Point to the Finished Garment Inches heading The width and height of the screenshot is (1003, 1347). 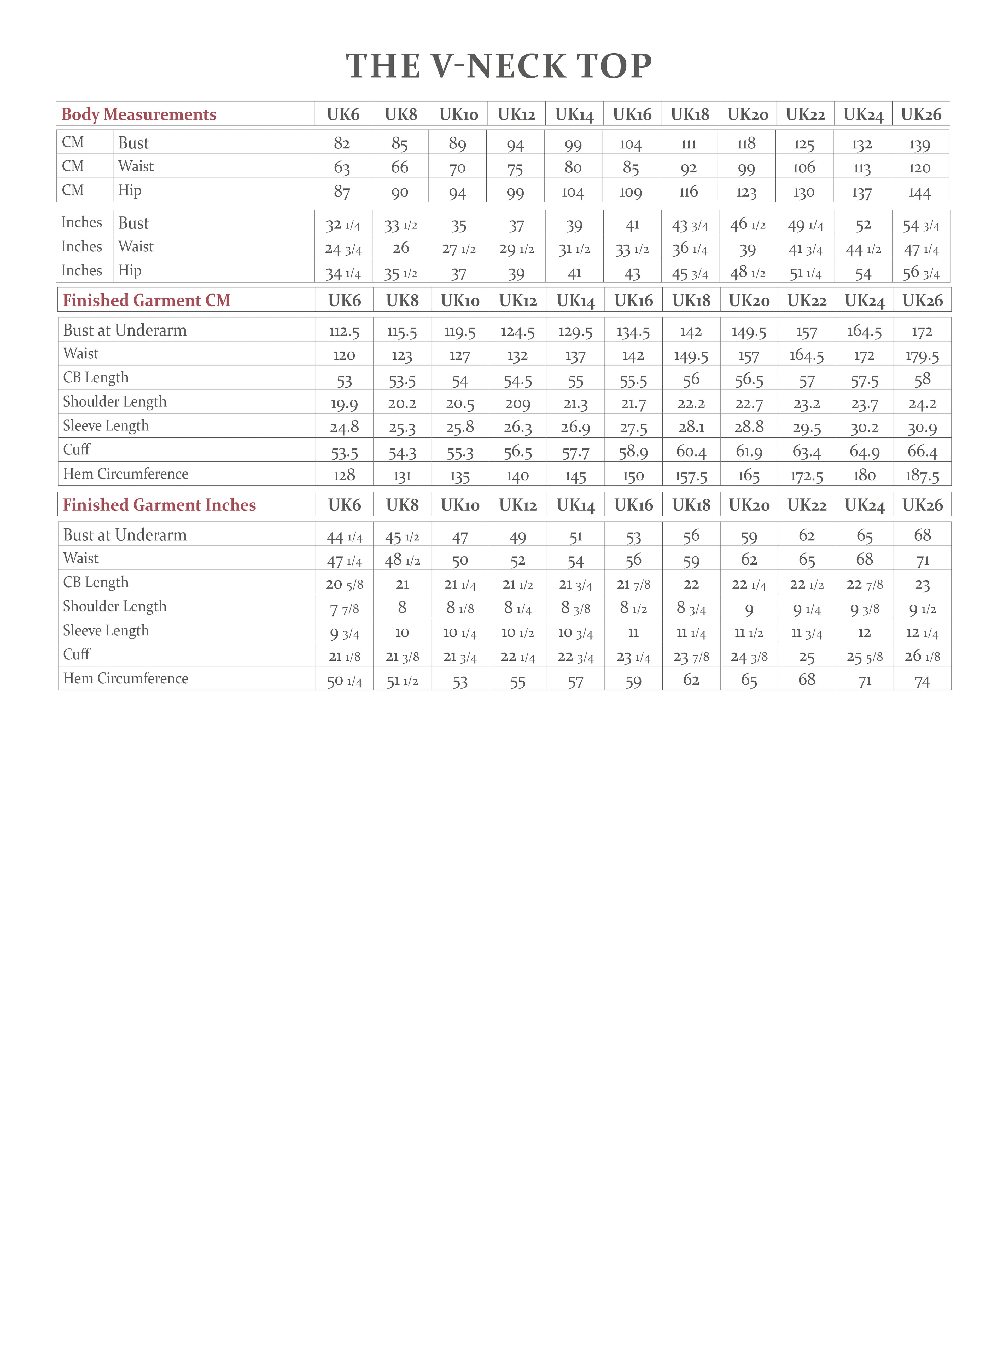159,505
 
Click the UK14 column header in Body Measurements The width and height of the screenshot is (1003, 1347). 574,114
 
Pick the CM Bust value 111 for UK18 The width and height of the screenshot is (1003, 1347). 689,144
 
